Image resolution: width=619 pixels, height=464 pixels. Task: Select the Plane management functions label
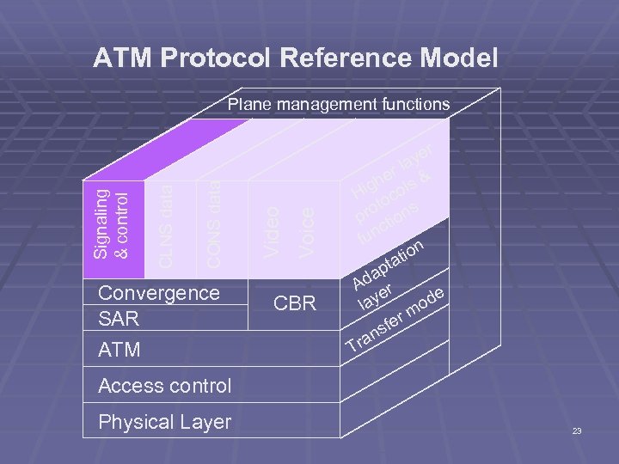[338, 105]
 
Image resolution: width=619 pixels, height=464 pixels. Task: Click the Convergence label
[159, 293]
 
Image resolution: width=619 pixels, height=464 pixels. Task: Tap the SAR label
[119, 319]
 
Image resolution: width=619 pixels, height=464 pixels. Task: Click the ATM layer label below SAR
[120, 351]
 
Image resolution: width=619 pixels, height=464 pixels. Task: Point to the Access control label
[165, 386]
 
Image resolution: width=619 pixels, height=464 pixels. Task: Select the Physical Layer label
[165, 422]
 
